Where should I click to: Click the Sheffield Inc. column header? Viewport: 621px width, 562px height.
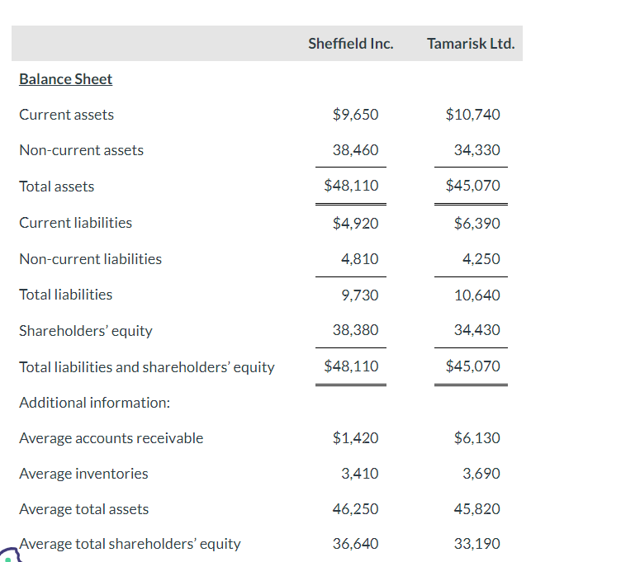350,44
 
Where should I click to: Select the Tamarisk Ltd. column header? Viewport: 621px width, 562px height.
471,44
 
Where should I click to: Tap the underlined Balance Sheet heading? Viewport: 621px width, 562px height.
65,79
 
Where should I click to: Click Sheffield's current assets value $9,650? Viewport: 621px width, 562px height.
355,115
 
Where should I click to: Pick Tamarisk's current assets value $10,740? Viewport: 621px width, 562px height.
472,115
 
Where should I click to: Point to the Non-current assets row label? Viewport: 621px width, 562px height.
81,150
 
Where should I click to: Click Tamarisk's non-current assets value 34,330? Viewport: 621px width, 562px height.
476,150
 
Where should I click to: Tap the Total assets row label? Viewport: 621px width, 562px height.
56,187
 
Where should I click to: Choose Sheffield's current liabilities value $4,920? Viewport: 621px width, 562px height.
355,223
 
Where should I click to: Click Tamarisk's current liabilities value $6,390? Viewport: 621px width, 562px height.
476,223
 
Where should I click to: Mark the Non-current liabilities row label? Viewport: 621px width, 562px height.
90,259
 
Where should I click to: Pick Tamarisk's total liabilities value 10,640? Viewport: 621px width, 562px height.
476,295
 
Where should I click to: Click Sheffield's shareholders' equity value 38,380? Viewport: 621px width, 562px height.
355,330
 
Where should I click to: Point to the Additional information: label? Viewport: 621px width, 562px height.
94,403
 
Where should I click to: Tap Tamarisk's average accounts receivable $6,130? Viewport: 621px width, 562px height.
476,438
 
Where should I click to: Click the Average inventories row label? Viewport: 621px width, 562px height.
83,474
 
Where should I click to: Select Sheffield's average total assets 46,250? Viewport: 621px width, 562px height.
355,509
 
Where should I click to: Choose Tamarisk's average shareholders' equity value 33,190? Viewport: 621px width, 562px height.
476,544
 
